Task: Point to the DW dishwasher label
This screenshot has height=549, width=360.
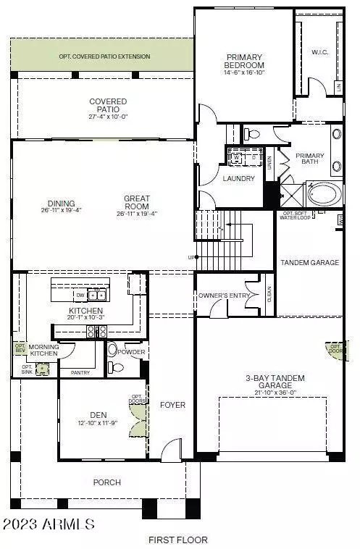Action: [79, 296]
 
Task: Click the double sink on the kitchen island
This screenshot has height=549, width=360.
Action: [97, 296]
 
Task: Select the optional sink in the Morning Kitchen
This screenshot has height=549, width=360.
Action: [43, 368]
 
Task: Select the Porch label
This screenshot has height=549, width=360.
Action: [106, 482]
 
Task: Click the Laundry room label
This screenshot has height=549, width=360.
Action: [237, 177]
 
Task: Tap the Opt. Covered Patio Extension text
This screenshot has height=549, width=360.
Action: [104, 56]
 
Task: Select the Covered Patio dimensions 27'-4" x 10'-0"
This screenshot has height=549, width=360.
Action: [107, 116]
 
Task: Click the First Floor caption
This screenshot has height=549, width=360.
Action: [178, 540]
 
